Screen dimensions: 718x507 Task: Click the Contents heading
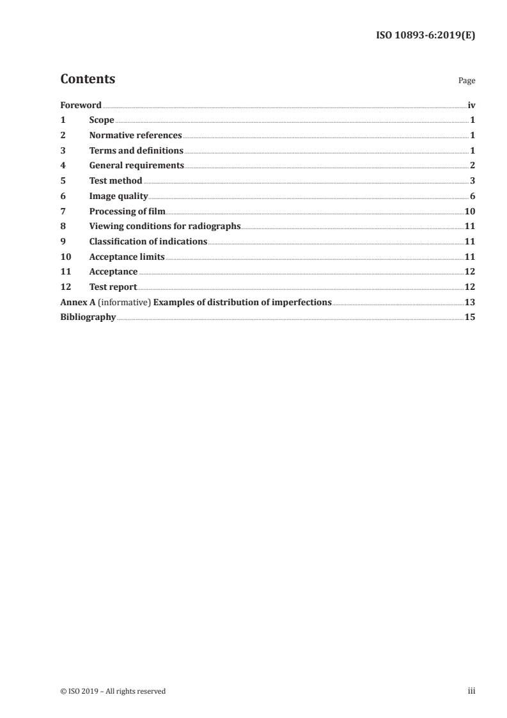point(88,79)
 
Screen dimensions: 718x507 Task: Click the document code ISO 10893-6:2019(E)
point(425,36)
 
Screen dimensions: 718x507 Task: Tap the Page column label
point(467,81)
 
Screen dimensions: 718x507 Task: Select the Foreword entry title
point(81,105)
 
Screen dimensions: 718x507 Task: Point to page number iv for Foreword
point(471,105)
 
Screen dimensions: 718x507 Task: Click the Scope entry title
point(102,120)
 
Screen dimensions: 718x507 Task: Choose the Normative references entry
point(136,136)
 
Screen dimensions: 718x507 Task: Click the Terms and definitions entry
point(136,151)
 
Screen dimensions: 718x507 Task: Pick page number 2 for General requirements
point(472,166)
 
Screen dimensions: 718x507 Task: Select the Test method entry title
point(116,181)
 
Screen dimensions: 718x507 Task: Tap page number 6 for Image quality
point(472,196)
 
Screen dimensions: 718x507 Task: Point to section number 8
point(63,227)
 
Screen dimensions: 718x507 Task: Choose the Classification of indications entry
point(148,242)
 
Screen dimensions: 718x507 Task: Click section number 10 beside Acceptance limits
point(65,257)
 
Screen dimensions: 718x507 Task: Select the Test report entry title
point(113,287)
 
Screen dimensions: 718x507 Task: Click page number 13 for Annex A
point(470,303)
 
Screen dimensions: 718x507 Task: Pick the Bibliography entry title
point(88,317)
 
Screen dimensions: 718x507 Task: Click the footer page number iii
point(471,691)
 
